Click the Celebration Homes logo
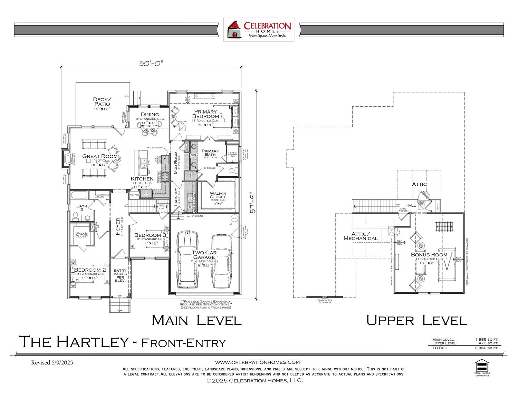pos(259,30)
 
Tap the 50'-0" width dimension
pos(151,63)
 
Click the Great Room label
pos(100,156)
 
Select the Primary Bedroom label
pos(205,114)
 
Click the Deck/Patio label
pos(102,102)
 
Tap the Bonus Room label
pos(429,255)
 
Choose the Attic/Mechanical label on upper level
pos(361,236)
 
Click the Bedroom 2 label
pos(90,270)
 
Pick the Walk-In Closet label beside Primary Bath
pos(218,195)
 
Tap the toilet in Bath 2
pos(76,216)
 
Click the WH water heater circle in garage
pos(234,218)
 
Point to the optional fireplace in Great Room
pos(66,158)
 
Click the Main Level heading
pos(196,320)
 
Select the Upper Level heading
pos(416,320)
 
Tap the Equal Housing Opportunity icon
pos(482,365)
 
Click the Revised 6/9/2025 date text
pos(52,363)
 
